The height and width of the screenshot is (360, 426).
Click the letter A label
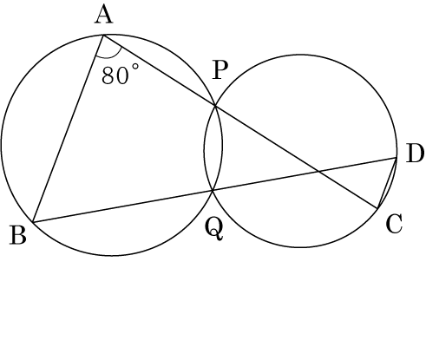pyautogui.click(x=104, y=16)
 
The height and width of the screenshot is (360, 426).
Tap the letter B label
pyautogui.click(x=18, y=235)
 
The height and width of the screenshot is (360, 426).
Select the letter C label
pyautogui.click(x=394, y=224)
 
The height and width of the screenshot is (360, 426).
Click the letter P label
pyautogui.click(x=220, y=70)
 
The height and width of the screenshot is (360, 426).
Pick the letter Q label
pyautogui.click(x=214, y=229)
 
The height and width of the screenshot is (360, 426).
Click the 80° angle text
pyautogui.click(x=121, y=75)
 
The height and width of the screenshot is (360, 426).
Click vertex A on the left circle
pyautogui.click(x=103, y=36)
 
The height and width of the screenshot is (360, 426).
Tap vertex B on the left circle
pyautogui.click(x=33, y=222)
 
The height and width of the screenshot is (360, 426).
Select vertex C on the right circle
pyautogui.click(x=377, y=208)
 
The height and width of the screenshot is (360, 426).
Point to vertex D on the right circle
pyautogui.click(x=396, y=158)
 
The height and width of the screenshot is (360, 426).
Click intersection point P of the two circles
pyautogui.click(x=215, y=106)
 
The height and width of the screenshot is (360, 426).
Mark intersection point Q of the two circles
pyautogui.click(x=213, y=190)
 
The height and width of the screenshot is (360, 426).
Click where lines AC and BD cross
pyautogui.click(x=318, y=172)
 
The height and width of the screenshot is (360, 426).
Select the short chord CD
pyautogui.click(x=387, y=183)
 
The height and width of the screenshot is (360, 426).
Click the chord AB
pyautogui.click(x=69, y=129)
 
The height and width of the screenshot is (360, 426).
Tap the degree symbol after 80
pyautogui.click(x=135, y=67)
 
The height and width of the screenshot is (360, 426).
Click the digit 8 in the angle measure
pyautogui.click(x=107, y=75)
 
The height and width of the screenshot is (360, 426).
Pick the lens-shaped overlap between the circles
pyautogui.click(x=213, y=148)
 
